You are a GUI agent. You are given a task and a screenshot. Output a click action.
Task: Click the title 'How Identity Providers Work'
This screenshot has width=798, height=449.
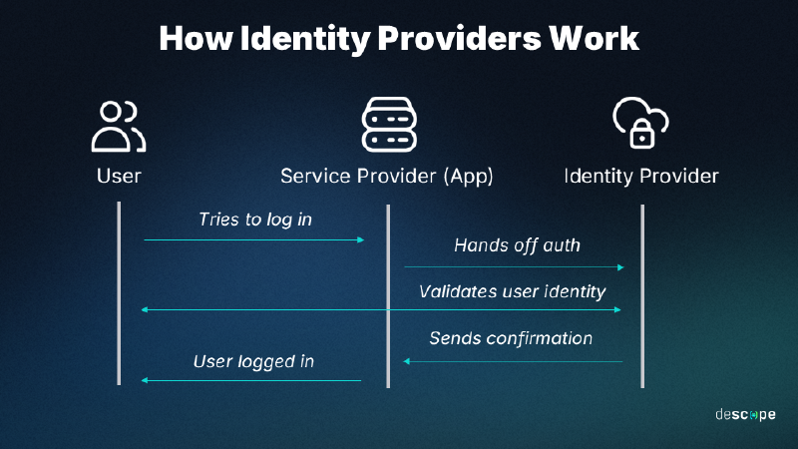coord(399,38)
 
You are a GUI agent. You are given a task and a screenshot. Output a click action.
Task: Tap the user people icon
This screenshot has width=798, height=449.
coord(119,126)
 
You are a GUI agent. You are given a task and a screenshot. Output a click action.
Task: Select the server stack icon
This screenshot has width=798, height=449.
coord(387,126)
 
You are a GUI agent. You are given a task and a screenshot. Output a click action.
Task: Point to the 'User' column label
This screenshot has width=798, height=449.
coord(119,177)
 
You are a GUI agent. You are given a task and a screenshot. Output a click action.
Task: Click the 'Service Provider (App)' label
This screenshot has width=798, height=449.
coord(387,177)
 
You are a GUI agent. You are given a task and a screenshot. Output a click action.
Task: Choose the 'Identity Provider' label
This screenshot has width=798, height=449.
coord(641,177)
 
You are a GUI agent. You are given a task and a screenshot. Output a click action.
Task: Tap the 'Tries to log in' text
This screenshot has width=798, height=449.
coord(255,219)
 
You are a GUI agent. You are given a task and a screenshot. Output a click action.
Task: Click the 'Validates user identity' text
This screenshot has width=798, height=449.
coord(513,291)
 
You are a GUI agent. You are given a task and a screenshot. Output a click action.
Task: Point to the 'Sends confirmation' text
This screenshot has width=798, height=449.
coord(511,338)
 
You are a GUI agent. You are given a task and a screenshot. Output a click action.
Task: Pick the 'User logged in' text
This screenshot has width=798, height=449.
coord(253,360)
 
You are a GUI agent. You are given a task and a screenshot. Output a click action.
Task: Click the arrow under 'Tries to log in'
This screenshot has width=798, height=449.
coord(254,239)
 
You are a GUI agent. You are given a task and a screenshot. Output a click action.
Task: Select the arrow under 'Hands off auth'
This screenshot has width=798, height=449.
coord(514,267)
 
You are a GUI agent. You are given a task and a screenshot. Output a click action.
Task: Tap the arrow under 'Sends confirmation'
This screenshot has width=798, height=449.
coord(513,361)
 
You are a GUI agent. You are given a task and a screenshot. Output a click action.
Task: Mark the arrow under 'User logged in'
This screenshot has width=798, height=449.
coord(251,380)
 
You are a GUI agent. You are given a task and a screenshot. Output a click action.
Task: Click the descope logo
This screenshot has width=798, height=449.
coord(744,414)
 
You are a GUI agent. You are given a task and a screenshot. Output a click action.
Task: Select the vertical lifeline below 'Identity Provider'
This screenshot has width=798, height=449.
coord(642,295)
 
